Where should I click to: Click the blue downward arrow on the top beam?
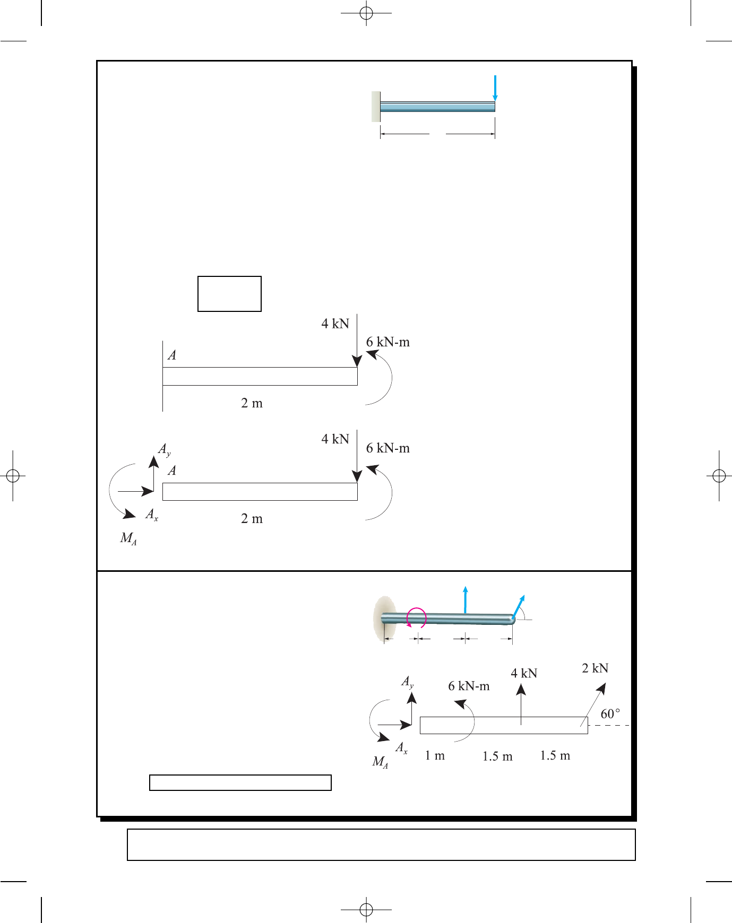[x=495, y=88]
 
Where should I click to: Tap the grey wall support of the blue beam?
[x=376, y=107]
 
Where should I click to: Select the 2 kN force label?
[x=595, y=668]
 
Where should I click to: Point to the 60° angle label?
[x=610, y=714]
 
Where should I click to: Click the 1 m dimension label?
[x=435, y=755]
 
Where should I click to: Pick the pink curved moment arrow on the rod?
[x=417, y=617]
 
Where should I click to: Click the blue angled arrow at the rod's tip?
[x=518, y=606]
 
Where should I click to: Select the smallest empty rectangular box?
[x=229, y=294]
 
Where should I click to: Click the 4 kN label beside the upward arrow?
[x=524, y=674]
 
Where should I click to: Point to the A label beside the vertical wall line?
[x=172, y=355]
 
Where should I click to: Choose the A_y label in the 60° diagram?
[x=407, y=682]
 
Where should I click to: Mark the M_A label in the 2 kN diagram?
[x=380, y=762]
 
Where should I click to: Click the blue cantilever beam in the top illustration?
[x=437, y=107]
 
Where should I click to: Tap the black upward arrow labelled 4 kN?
[x=521, y=704]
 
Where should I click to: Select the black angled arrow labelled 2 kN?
[x=593, y=704]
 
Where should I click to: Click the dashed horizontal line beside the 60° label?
[x=609, y=725]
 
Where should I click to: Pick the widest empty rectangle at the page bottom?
[x=381, y=844]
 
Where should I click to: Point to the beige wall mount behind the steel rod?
[x=385, y=619]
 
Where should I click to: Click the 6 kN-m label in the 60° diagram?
[x=469, y=686]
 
